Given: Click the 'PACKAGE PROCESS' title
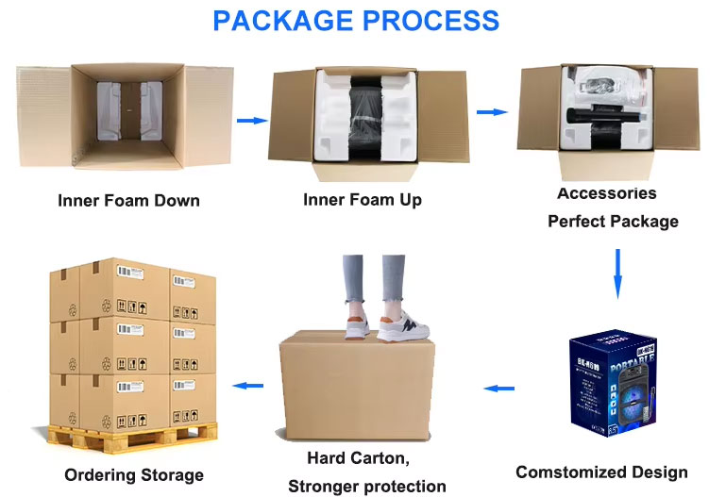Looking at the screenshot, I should pyautogui.click(x=355, y=20).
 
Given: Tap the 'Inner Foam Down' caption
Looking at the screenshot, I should pyautogui.click(x=128, y=201).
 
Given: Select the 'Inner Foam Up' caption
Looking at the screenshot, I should pyautogui.click(x=363, y=200).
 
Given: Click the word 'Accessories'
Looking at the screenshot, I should pyautogui.click(x=607, y=193).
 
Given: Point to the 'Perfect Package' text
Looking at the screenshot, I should pyautogui.click(x=613, y=223).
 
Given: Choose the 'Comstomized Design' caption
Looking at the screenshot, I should pyautogui.click(x=601, y=472).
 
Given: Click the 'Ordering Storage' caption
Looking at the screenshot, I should pyautogui.click(x=134, y=474).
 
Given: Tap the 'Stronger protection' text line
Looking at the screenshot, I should pyautogui.click(x=367, y=487).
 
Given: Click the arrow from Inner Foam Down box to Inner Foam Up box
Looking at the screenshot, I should pyautogui.click(x=250, y=121).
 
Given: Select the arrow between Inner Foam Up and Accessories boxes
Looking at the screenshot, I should pyautogui.click(x=492, y=112).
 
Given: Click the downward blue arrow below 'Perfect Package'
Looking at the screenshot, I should pyautogui.click(x=617, y=273).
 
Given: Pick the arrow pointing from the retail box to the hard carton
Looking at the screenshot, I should pyautogui.click(x=499, y=388).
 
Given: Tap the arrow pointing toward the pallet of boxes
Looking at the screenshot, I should pyautogui.click(x=248, y=385).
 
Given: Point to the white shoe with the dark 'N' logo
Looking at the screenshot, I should pyautogui.click(x=405, y=325).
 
